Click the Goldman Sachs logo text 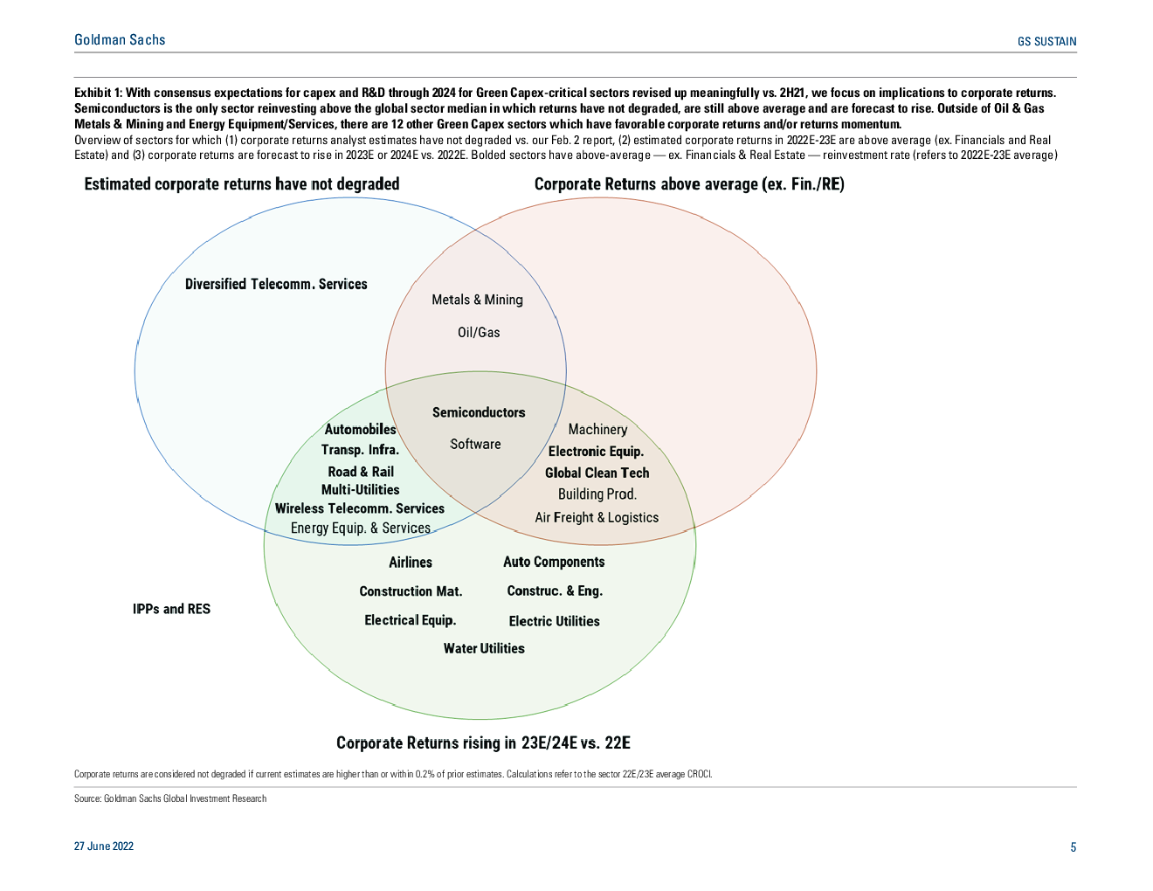[x=120, y=40]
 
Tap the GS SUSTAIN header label [x=1046, y=41]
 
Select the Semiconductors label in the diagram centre [x=479, y=412]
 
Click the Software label [x=475, y=444]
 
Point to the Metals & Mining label [x=477, y=300]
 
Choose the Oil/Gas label [x=479, y=332]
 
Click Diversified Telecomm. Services [x=276, y=284]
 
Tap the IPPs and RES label [x=171, y=609]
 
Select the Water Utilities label [x=484, y=648]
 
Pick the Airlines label [x=411, y=562]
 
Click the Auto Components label [x=554, y=562]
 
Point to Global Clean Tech [x=597, y=473]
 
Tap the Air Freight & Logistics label [x=597, y=517]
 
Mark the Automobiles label [x=360, y=429]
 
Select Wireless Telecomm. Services [x=360, y=508]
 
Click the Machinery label [x=597, y=429]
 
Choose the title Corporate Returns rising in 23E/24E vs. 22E [x=483, y=743]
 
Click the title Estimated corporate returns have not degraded [x=242, y=184]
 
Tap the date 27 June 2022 [x=103, y=846]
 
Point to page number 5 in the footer [x=1073, y=847]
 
